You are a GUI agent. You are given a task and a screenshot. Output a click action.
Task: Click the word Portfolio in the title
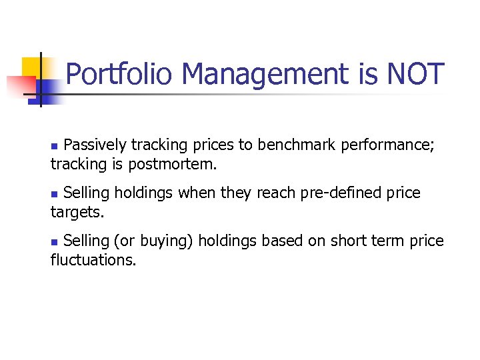(x=121, y=74)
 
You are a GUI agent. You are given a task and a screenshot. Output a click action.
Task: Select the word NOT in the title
(x=415, y=74)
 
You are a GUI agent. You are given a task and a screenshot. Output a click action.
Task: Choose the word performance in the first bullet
(x=387, y=145)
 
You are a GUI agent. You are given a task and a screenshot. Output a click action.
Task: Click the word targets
(x=77, y=213)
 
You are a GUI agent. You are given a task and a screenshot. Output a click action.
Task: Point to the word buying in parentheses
(x=168, y=241)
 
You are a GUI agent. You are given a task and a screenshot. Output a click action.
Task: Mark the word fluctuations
(x=93, y=260)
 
